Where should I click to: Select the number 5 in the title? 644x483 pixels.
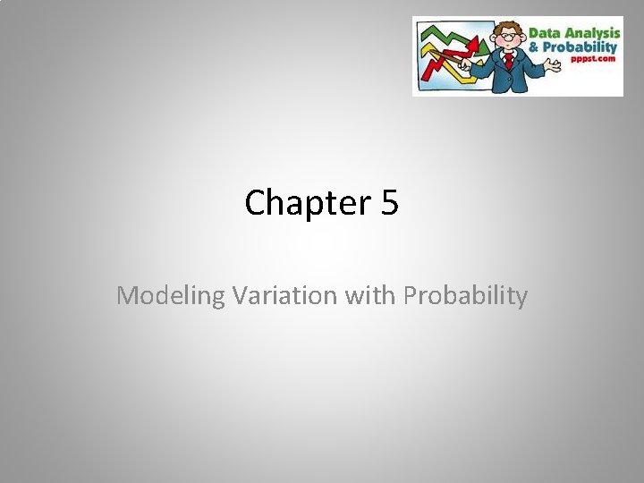pyautogui.click(x=389, y=203)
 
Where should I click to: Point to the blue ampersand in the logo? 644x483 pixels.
pyautogui.click(x=535, y=47)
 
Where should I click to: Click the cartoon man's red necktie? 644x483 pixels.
pyautogui.click(x=508, y=61)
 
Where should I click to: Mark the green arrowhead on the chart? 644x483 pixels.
pyautogui.click(x=484, y=41)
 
